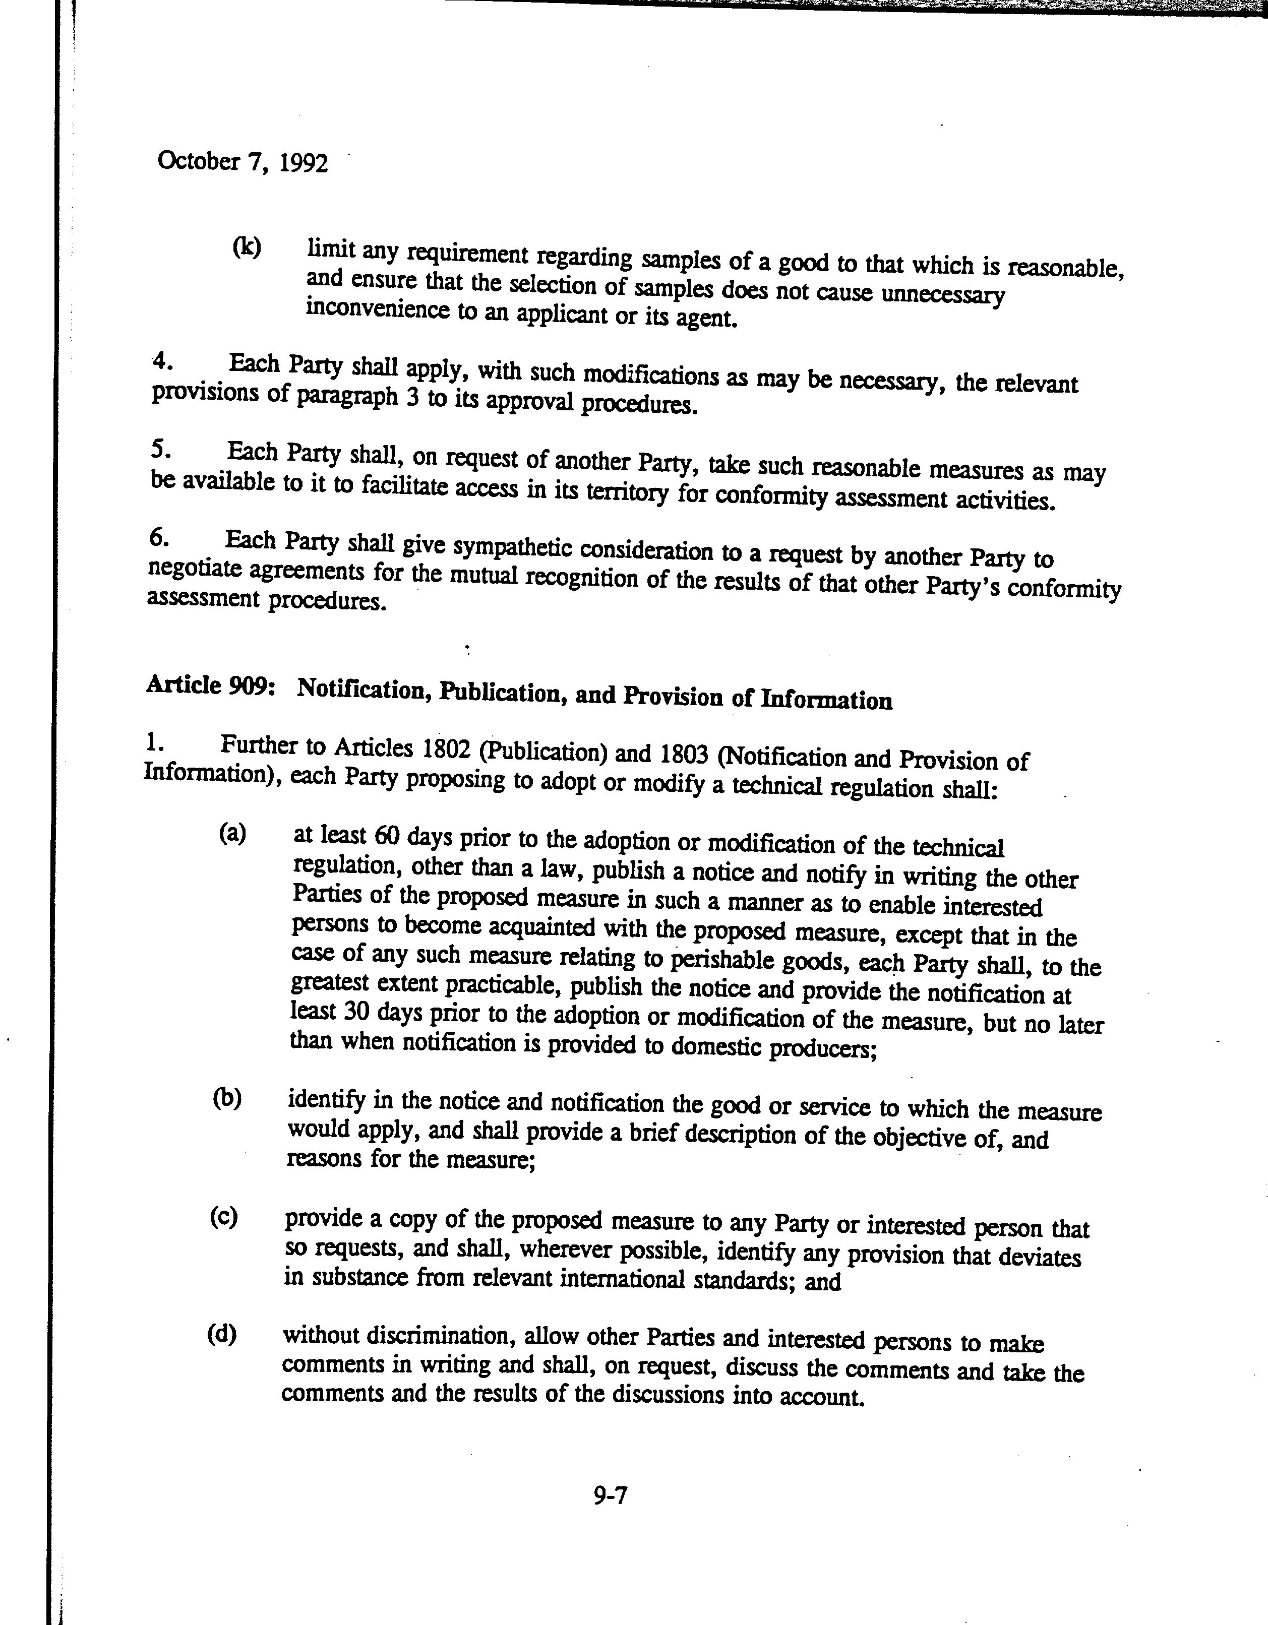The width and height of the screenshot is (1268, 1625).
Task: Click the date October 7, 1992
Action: tap(243, 162)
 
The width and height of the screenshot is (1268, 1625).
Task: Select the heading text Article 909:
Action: tap(211, 685)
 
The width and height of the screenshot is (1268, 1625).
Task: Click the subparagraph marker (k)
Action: tap(247, 246)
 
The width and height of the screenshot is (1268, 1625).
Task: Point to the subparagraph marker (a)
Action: tap(232, 833)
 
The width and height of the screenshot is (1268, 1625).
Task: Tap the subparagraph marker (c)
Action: tap(224, 1217)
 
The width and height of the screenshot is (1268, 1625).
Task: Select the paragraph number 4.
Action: tap(163, 361)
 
